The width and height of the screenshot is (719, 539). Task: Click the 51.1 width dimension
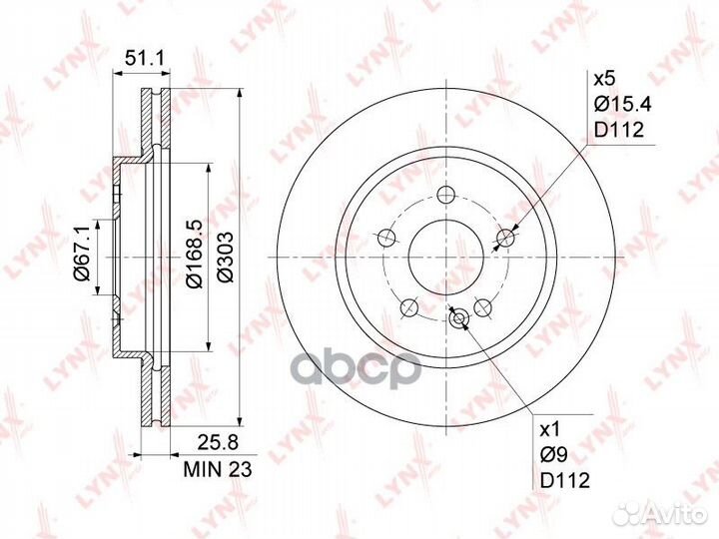145,59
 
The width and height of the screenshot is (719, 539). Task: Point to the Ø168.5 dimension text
194,254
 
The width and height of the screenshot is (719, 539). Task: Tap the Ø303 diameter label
225,258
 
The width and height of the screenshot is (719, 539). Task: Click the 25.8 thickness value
218,443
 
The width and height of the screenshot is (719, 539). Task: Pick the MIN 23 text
218,469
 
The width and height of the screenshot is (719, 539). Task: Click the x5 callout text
604,79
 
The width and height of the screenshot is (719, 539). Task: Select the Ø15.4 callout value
623,105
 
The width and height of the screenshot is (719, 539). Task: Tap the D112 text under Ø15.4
619,130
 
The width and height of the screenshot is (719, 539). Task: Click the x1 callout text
550,430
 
